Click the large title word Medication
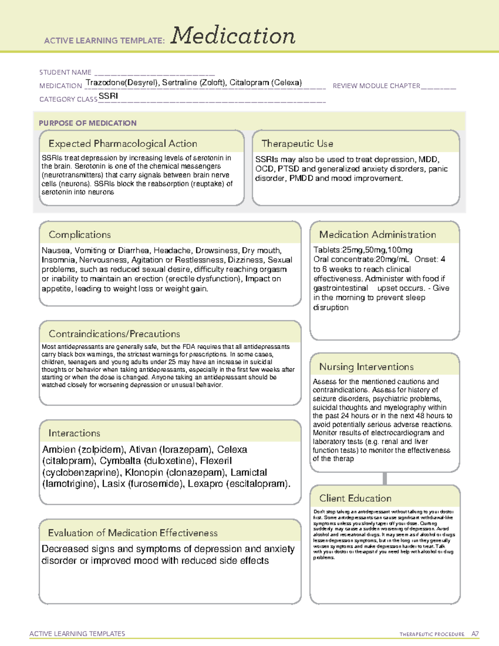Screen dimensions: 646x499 tap(233, 36)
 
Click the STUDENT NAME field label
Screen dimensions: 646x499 tap(65, 72)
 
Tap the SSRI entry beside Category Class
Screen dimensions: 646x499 tap(109, 96)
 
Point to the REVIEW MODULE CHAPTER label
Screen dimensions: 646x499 tap(376, 86)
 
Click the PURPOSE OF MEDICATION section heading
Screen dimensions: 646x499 tap(88, 123)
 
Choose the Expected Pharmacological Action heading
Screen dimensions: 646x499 tap(123, 144)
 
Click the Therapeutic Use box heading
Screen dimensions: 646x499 tap(297, 144)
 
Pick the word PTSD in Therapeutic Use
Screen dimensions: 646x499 tap(289, 169)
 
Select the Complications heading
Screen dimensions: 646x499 tap(80, 235)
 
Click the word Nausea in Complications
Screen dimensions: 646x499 tap(56, 250)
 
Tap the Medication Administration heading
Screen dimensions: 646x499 tap(378, 235)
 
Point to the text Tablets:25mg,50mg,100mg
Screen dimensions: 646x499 tap(363, 250)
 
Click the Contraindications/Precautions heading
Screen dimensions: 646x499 tap(114, 334)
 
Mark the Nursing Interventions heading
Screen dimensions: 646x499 tap(366, 367)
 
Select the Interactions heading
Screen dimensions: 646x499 tap(74, 433)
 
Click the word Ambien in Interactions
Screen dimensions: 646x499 tap(59, 450)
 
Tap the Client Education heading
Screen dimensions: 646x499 tap(355, 498)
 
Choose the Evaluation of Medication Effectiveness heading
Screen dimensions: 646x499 tap(133, 533)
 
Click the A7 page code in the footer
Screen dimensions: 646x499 tap(475, 634)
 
